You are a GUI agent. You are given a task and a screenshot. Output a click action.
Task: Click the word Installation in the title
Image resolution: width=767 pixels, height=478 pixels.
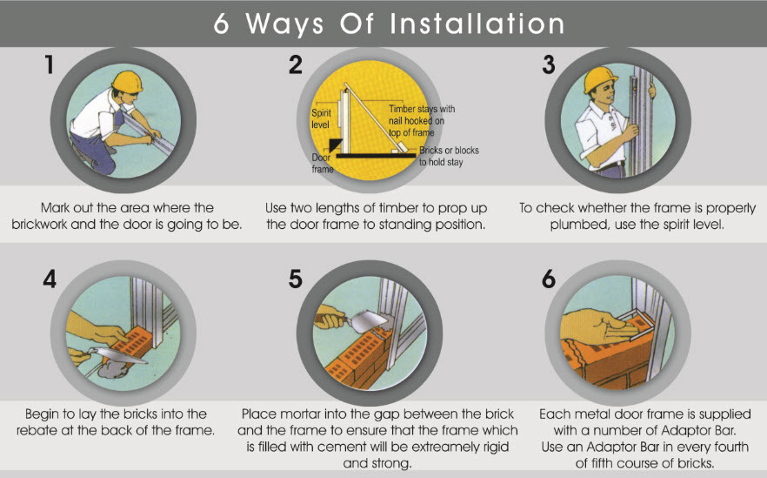click(x=477, y=24)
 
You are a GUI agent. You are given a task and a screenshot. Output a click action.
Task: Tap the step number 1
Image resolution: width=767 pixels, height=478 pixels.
click(x=50, y=64)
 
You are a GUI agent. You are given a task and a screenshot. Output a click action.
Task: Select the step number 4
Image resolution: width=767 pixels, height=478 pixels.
click(x=50, y=279)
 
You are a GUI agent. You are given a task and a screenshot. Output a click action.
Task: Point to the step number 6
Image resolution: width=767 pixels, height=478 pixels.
click(x=549, y=279)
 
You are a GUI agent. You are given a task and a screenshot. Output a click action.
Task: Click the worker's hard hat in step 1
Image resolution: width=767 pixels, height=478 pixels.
click(x=127, y=81)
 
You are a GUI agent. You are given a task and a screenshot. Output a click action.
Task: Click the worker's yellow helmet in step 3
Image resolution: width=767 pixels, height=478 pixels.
click(x=601, y=78)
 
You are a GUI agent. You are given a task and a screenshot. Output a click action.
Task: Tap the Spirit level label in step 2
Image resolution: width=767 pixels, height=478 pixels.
click(x=322, y=118)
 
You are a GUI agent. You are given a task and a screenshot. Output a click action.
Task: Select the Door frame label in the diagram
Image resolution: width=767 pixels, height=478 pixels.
click(x=323, y=163)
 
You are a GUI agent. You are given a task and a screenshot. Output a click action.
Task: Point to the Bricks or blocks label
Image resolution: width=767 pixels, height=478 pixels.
click(x=449, y=156)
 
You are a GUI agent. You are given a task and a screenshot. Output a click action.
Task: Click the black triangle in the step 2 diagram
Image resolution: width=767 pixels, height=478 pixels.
click(x=335, y=145)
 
